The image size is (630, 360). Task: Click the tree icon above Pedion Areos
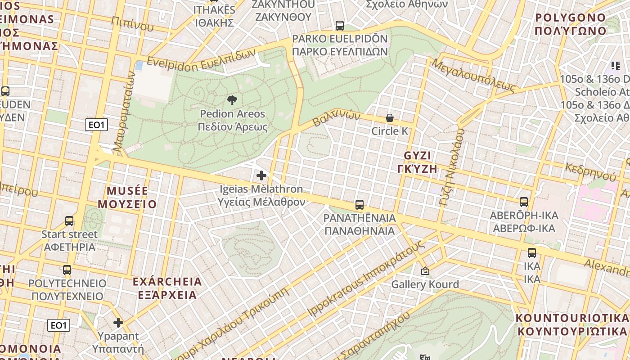pos(232,100)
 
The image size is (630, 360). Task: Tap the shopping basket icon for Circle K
pos(390,118)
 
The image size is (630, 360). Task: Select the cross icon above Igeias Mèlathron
pos(261,175)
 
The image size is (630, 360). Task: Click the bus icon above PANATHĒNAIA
pos(359,205)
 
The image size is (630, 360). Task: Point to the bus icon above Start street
pos(69,221)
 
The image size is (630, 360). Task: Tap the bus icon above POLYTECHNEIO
pos(67,270)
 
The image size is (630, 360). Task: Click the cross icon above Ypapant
pos(118,323)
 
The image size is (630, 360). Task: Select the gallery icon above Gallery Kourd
pos(425,271)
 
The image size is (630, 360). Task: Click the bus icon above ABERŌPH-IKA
pos(523,202)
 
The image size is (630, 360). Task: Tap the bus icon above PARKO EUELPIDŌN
pos(340,26)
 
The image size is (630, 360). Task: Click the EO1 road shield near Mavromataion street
pos(96,125)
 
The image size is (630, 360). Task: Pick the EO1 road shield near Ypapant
pos(58,325)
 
